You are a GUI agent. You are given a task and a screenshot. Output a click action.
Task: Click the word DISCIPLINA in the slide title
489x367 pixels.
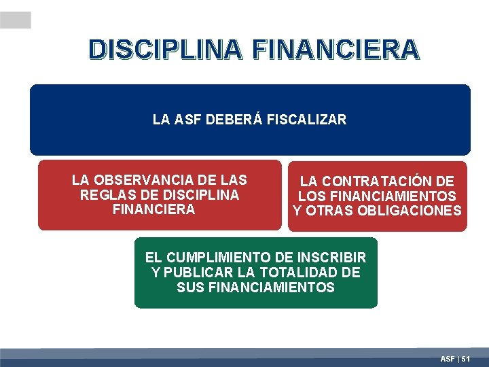pyautogui.click(x=164, y=50)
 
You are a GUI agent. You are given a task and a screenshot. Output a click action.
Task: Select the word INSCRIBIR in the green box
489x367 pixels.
pyautogui.click(x=331, y=258)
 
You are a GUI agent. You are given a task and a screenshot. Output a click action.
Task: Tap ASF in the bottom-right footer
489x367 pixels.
pyautogui.click(x=448, y=358)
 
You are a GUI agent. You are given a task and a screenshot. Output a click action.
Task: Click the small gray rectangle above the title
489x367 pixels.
pyautogui.click(x=16, y=20)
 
